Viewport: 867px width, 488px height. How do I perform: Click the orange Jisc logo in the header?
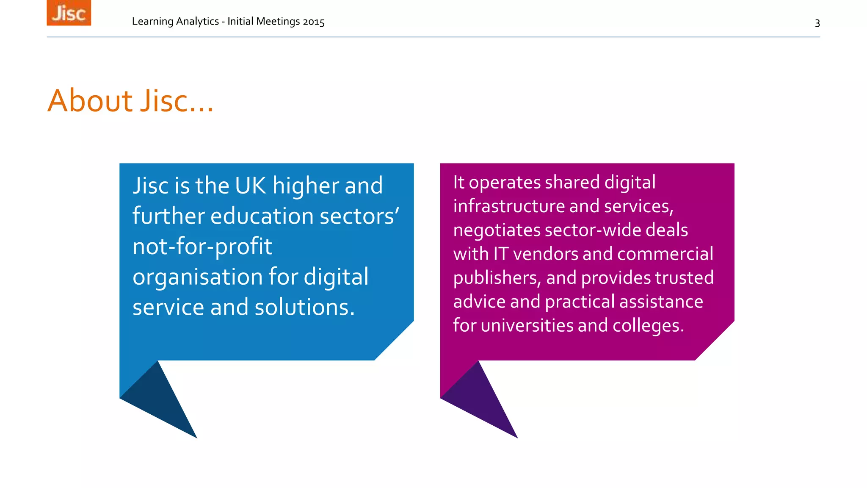tap(69, 13)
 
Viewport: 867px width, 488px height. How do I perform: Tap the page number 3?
tap(817, 23)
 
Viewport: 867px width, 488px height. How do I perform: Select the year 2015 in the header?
tap(313, 22)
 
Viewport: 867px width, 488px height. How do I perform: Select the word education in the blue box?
tap(262, 216)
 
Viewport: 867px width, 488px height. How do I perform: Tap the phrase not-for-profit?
tap(202, 247)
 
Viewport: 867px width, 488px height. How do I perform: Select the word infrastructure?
tap(508, 206)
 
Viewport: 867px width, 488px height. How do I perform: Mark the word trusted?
tap(684, 278)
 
